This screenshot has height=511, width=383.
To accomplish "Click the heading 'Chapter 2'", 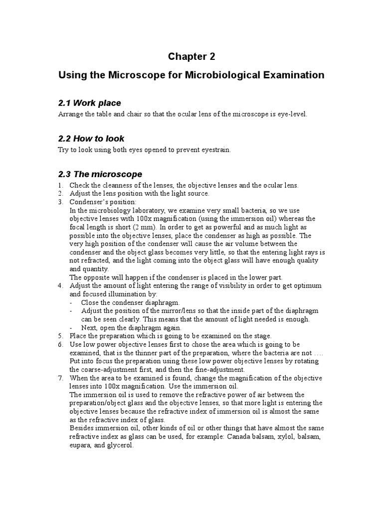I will click(x=191, y=56).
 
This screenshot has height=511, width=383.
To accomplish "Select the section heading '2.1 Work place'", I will click(x=90, y=103).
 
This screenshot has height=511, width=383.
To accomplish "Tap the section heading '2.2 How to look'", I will click(x=91, y=139).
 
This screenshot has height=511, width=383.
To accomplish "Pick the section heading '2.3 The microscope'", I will click(x=100, y=174).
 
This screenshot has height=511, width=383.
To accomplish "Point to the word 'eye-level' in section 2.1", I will click(x=292, y=114).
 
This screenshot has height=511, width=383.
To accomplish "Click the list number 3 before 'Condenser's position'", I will click(x=60, y=202).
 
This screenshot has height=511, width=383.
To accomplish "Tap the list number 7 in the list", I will click(x=60, y=378).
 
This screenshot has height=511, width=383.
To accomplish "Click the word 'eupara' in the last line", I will click(x=80, y=445).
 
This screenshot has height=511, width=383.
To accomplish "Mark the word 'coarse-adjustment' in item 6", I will click(x=111, y=370).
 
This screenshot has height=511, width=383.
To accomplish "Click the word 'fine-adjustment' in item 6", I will click(x=219, y=370).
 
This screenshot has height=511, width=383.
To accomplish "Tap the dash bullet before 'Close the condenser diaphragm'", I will click(x=72, y=302).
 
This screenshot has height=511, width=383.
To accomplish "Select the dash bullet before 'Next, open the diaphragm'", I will click(x=72, y=327).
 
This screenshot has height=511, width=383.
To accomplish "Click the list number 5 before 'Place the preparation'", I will click(x=60, y=336).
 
